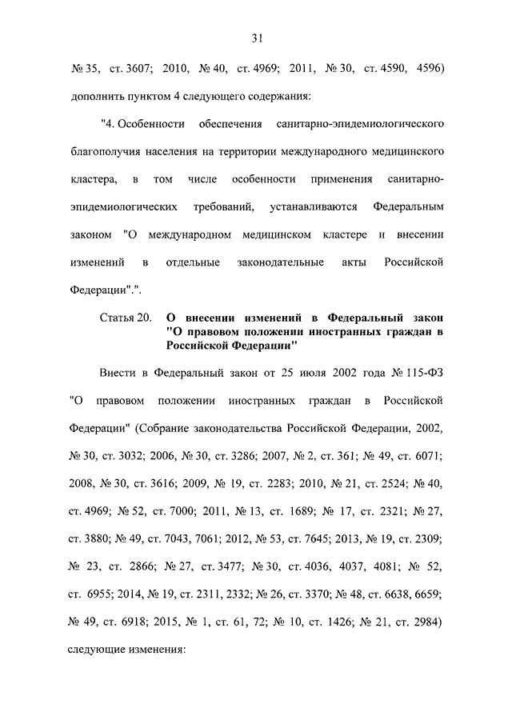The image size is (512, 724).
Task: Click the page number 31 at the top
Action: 257,38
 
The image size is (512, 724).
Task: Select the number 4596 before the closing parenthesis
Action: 430,69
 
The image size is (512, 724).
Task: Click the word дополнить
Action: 95,96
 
